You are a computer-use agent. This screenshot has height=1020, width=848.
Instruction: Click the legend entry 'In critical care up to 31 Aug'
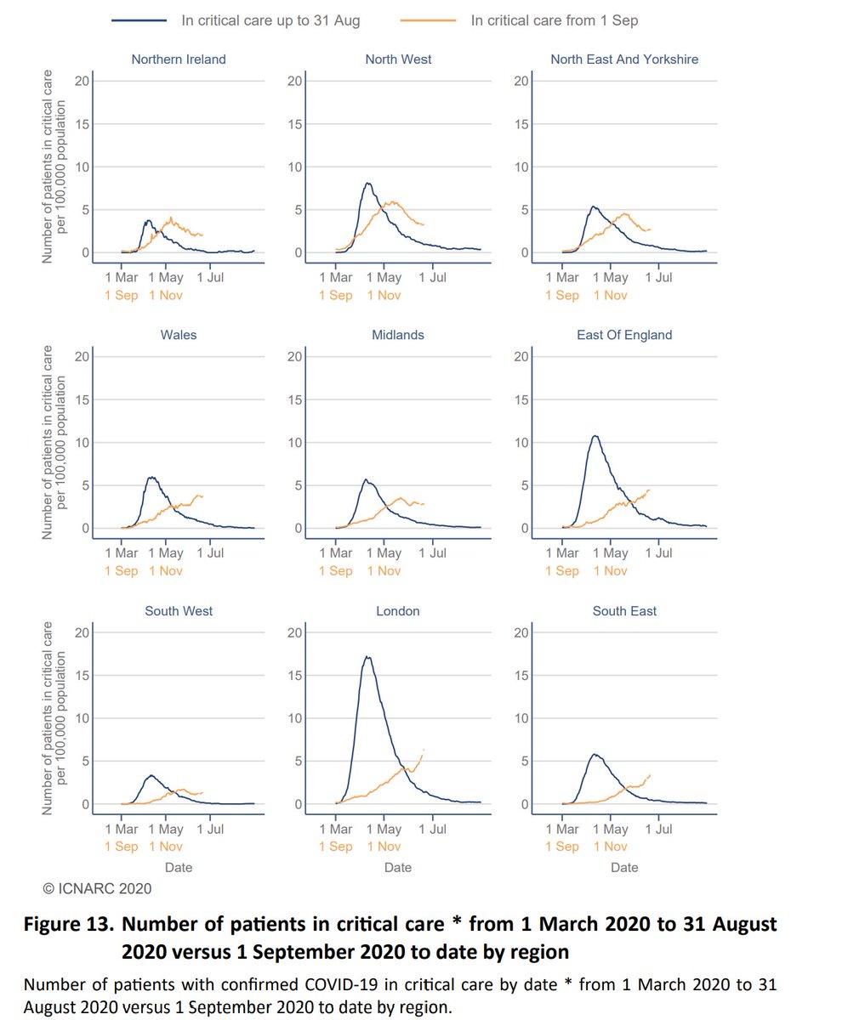[x=270, y=20]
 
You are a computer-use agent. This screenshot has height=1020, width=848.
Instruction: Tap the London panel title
[x=397, y=611]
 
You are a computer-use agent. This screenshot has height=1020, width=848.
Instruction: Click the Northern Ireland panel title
[x=179, y=59]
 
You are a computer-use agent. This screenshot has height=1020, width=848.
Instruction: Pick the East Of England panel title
[x=624, y=335]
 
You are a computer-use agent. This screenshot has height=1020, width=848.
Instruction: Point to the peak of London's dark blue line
[x=367, y=656]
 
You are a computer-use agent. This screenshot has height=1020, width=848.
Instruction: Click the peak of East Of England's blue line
[x=595, y=436]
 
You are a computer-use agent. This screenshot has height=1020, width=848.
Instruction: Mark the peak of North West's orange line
[x=391, y=201]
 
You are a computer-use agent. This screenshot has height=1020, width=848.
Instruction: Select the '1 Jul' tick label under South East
[x=658, y=829]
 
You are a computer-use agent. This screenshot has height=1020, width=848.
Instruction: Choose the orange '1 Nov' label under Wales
[x=166, y=570]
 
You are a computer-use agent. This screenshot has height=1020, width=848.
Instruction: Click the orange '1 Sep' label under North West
[x=336, y=295]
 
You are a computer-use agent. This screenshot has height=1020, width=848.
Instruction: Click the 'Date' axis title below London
[x=397, y=868]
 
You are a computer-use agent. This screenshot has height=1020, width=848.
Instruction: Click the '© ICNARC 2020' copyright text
[x=97, y=889]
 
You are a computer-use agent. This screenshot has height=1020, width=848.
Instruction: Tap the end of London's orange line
[x=423, y=749]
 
